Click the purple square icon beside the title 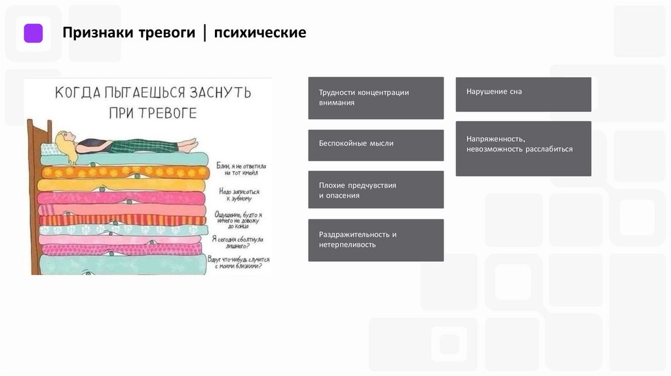(x=33, y=33)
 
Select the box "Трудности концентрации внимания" (x=375, y=98)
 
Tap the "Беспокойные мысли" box (x=375, y=145)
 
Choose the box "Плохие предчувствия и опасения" (x=375, y=190)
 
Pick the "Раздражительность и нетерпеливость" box (x=375, y=240)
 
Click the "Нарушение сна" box (x=523, y=94)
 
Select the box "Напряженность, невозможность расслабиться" (x=523, y=148)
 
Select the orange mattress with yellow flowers (x=118, y=172)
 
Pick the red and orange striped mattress (x=118, y=219)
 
